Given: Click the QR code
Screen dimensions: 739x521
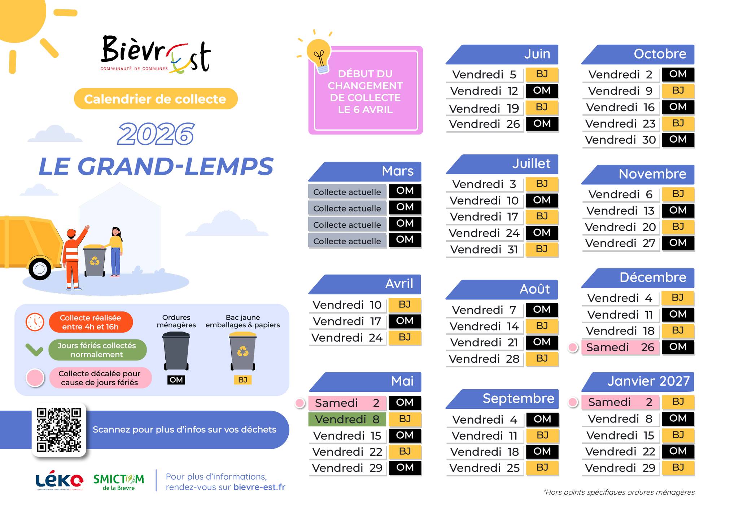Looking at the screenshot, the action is click(x=59, y=430).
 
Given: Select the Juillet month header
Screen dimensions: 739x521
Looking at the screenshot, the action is click(x=502, y=164).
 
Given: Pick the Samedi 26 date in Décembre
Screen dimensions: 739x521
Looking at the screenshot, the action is click(x=620, y=347).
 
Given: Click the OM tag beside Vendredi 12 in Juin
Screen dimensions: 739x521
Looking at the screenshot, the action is click(x=542, y=91).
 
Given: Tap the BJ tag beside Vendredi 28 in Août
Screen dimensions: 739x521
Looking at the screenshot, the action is click(x=542, y=358).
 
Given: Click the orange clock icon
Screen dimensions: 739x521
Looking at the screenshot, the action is click(x=35, y=322).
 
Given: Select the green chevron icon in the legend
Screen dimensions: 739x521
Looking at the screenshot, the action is click(x=35, y=350).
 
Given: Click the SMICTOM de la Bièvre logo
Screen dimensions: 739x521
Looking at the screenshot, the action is click(x=119, y=482).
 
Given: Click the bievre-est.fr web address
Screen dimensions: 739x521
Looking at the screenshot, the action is click(x=259, y=487).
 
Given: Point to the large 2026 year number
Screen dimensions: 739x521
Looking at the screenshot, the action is click(x=156, y=134).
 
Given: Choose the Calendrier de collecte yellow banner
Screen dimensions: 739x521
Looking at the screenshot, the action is click(x=156, y=99).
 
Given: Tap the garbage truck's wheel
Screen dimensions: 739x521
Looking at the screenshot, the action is click(x=40, y=268).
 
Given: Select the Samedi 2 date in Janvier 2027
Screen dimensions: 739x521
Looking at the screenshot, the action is click(x=620, y=402).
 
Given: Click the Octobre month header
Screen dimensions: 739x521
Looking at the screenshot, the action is click(x=638, y=54).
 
